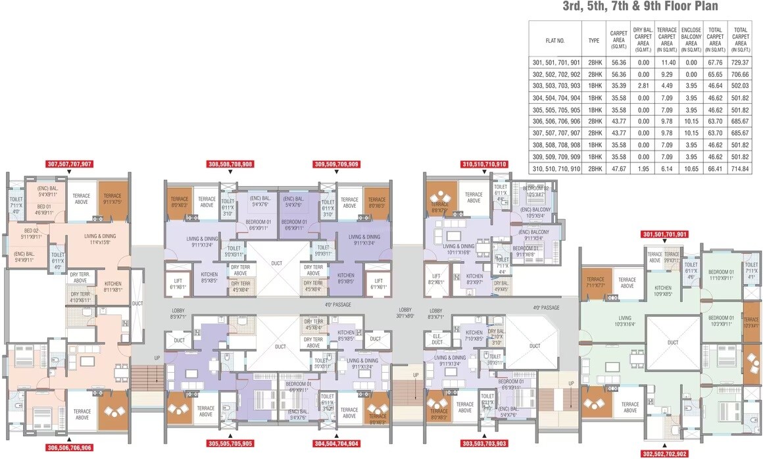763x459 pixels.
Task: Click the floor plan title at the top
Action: point(640,7)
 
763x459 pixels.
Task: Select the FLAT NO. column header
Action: point(555,40)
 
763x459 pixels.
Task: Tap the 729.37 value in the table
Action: point(741,62)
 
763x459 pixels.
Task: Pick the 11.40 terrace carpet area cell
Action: point(667,62)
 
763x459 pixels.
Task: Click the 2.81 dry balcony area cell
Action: point(643,86)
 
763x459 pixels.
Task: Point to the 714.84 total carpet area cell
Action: point(741,170)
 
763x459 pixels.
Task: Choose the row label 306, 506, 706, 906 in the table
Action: point(555,122)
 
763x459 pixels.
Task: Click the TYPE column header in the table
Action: point(594,40)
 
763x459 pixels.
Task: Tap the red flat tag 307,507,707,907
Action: point(69,164)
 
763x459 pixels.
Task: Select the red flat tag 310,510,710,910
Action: point(485,164)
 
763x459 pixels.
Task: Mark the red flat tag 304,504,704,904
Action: point(335,443)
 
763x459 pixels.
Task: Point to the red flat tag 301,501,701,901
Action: point(664,234)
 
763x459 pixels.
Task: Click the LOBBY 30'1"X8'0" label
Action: point(406,312)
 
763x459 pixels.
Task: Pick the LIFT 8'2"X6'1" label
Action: point(436,279)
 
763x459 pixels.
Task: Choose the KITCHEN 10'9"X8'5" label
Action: point(662,291)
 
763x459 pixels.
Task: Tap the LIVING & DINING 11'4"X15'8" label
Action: point(101,239)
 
